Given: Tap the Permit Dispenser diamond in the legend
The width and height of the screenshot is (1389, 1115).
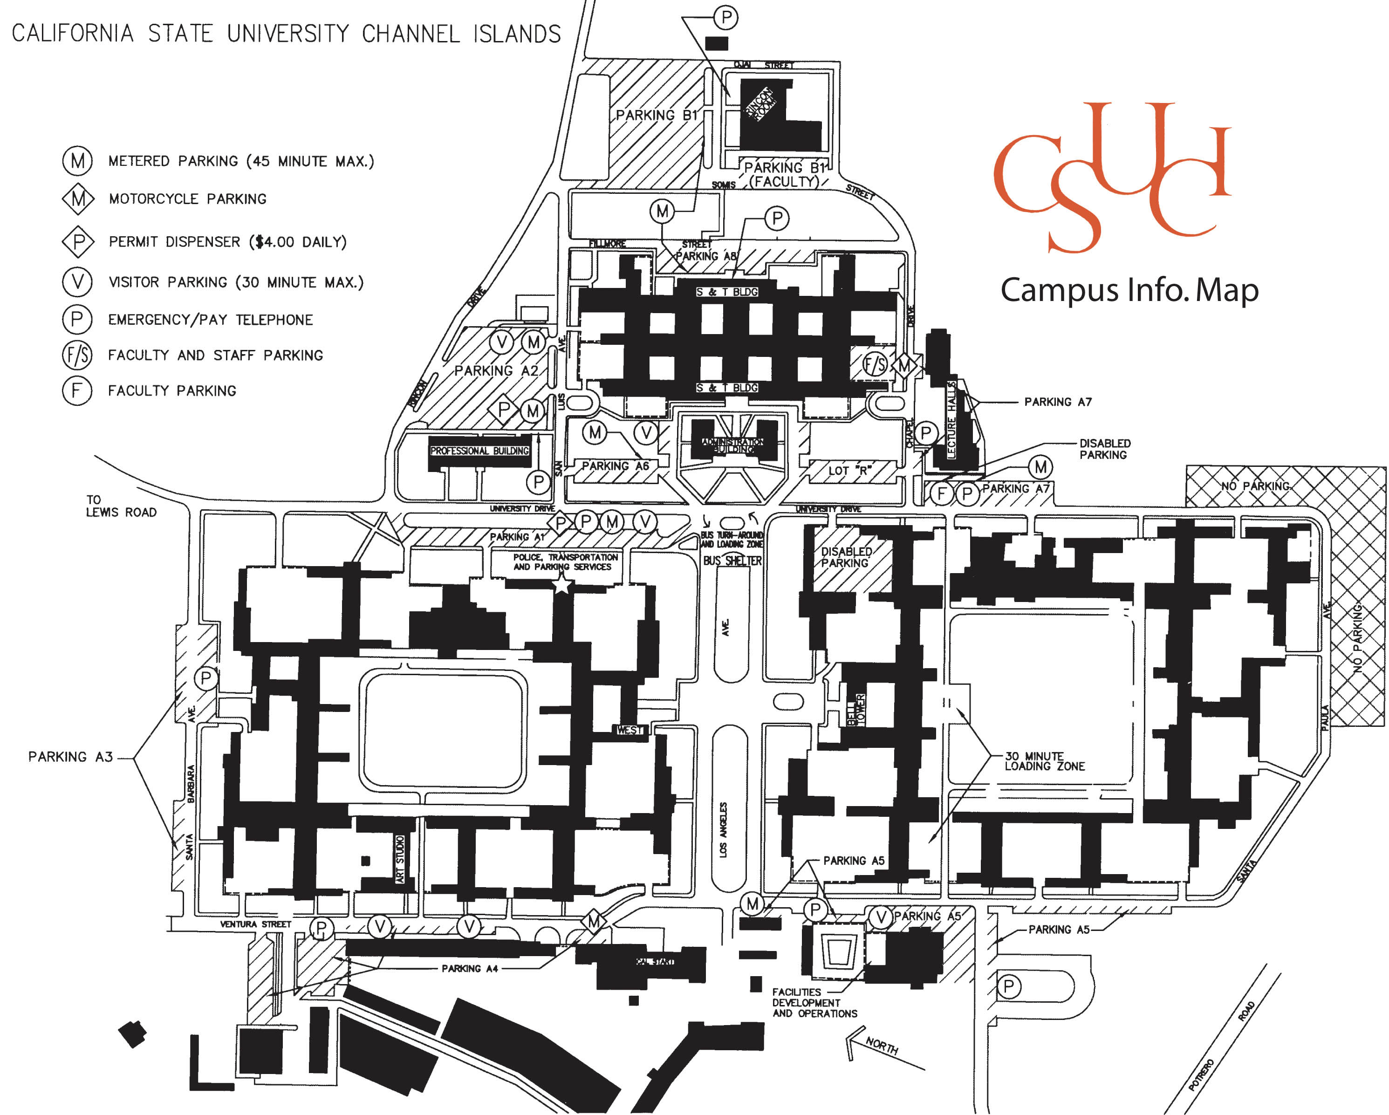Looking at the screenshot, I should (78, 241).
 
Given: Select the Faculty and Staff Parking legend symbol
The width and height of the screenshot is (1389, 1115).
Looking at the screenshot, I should (77, 355).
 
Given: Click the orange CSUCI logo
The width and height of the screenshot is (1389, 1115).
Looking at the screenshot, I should (1111, 177).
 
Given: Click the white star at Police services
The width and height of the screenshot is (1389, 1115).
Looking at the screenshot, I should (562, 584).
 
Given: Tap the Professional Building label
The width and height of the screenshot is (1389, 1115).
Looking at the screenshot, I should (479, 451).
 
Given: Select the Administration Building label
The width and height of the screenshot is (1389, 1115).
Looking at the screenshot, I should (732, 445).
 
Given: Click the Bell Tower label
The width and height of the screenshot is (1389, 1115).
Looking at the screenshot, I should (855, 710).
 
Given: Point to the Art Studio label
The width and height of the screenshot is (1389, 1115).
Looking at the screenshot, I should (400, 860).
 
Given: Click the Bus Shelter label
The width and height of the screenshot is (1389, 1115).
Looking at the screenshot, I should (732, 561).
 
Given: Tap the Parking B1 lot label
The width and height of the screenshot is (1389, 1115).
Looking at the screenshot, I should (656, 115).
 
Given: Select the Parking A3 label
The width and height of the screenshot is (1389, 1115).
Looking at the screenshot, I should (70, 757).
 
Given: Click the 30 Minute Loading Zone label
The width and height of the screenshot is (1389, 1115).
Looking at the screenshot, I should (1044, 761).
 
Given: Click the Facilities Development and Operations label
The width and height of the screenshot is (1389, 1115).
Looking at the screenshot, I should (814, 1003).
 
